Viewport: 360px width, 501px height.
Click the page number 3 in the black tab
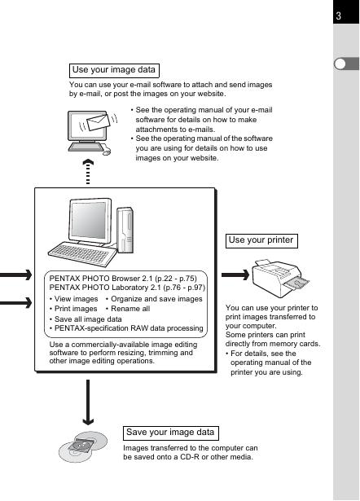pyautogui.click(x=339, y=15)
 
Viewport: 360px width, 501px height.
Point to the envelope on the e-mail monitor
pyautogui.click(x=99, y=122)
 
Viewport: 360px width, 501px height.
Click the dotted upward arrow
pyautogui.click(x=88, y=172)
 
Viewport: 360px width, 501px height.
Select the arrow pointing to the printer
pyautogui.click(x=235, y=275)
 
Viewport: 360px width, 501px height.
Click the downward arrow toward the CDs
pyautogui.click(x=88, y=402)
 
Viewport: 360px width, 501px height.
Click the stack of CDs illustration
pyautogui.click(x=83, y=446)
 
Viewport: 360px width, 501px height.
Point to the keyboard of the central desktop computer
pyautogui.click(x=82, y=254)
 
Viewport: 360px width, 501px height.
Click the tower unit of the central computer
pyautogui.click(x=125, y=230)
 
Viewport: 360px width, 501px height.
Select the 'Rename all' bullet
pyautogui.click(x=128, y=309)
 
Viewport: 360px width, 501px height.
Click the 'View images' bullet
pyautogui.click(x=74, y=299)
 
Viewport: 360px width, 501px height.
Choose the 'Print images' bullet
pyautogui.click(x=73, y=309)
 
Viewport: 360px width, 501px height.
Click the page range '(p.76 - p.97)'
pyautogui.click(x=184, y=288)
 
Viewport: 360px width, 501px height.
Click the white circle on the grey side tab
pyautogui.click(x=340, y=64)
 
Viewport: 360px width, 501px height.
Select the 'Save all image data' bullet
pyautogui.click(x=86, y=319)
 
